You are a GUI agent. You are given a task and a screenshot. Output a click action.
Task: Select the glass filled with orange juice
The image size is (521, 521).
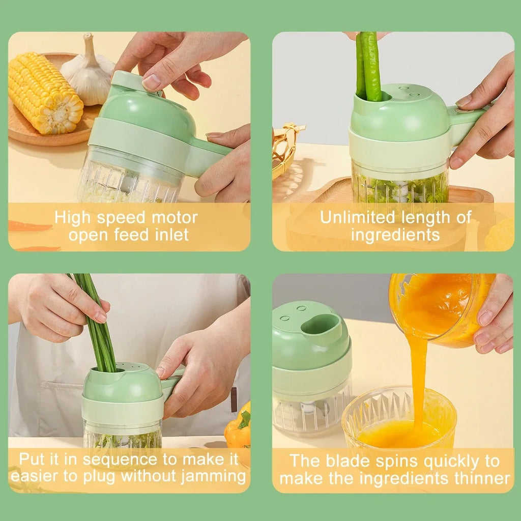pyautogui.click(x=399, y=422)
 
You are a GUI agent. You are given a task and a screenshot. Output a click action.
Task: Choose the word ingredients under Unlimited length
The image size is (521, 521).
pyautogui.click(x=395, y=235)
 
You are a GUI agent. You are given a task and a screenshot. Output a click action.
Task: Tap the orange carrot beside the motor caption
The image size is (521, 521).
pyautogui.click(x=28, y=227)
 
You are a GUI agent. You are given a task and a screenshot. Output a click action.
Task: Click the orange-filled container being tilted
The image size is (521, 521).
pyautogui.click(x=438, y=308)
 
